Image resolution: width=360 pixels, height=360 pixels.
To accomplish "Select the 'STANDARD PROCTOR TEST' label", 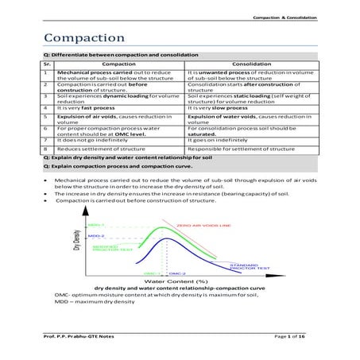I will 248,265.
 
